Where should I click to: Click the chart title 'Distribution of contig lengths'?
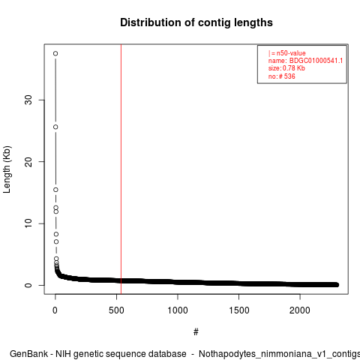(196, 22)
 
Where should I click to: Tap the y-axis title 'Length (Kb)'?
(7, 169)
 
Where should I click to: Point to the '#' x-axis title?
(196, 332)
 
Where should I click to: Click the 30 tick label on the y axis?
(28, 100)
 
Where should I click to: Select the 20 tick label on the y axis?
(28, 161)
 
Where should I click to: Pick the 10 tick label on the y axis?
(28, 223)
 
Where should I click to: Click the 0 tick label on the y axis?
(28, 285)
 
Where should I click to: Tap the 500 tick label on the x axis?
(116, 310)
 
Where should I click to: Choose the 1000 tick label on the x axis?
(178, 310)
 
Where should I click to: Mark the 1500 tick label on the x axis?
(239, 310)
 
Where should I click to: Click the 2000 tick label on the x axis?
(300, 310)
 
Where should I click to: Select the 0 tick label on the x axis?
(55, 310)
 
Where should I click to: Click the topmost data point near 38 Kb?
(55, 53)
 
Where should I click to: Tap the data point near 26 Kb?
(55, 127)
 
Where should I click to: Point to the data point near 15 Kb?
(55, 190)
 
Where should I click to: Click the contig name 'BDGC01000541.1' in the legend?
(316, 61)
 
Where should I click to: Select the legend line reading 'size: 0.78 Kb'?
(286, 68)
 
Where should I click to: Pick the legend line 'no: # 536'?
(282, 76)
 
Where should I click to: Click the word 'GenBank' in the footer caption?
(28, 354)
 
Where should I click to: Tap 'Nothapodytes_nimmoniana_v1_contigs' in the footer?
(279, 354)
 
